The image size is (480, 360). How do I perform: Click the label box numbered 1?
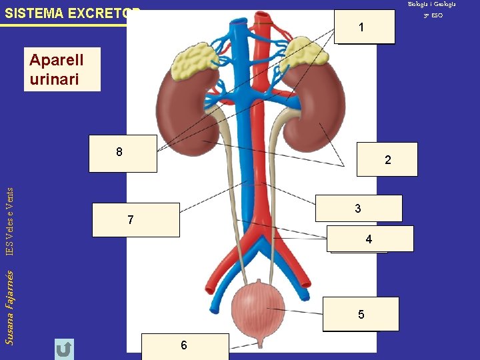[x=365, y=27]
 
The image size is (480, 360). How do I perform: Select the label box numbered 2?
[x=387, y=160]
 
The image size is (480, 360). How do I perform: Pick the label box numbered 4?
[x=370, y=239]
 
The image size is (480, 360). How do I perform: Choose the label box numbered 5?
[x=361, y=314]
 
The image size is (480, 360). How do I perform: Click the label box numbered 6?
[x=185, y=345]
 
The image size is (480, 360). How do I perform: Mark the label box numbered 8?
[x=123, y=153]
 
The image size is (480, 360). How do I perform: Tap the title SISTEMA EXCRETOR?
[x=73, y=13]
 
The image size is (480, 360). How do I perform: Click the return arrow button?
[x=64, y=349]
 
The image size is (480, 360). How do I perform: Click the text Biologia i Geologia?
[x=433, y=5]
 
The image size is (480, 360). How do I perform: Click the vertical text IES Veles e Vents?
[x=9, y=220]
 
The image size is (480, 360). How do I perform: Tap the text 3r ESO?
[x=433, y=15]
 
